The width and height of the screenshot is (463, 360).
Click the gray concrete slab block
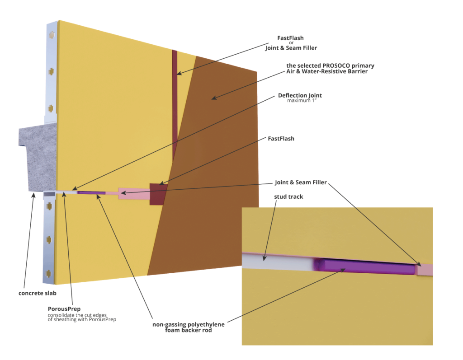[38, 158]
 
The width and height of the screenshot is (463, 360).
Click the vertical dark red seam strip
[175, 104]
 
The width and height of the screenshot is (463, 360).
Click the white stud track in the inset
[276, 262]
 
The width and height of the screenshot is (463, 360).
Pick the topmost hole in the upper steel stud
[52, 34]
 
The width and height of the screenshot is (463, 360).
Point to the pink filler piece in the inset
[425, 270]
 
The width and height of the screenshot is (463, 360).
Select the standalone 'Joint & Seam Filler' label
[301, 183]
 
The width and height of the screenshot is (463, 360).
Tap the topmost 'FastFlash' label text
[290, 37]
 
